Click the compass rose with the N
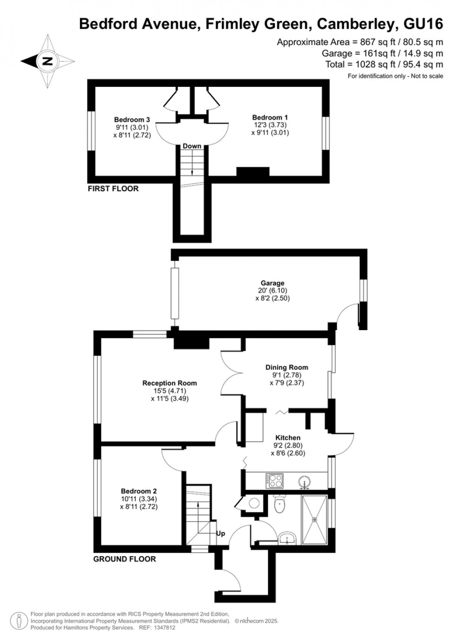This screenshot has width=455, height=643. tap(47, 61)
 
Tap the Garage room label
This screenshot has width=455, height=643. tap(272, 283)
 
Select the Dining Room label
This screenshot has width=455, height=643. tap(286, 367)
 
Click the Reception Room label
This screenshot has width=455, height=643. tap(169, 383)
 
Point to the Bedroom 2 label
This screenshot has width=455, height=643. tap(138, 491)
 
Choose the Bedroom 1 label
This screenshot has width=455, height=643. tap(270, 117)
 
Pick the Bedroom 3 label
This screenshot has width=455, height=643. tap(132, 120)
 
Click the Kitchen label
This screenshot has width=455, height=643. tap(288, 438)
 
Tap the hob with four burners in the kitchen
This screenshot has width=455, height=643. tap(274, 480)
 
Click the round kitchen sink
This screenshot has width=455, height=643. tap(305, 481)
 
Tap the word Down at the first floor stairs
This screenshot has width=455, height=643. tap(192, 146)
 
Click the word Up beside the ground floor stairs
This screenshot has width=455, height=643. tap(221, 533)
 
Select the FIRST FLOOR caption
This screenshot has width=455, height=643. tap(113, 188)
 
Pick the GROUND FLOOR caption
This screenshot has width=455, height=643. tap(124, 559)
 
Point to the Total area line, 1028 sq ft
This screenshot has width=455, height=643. tap(384, 65)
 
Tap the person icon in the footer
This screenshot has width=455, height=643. tap(19, 621)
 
